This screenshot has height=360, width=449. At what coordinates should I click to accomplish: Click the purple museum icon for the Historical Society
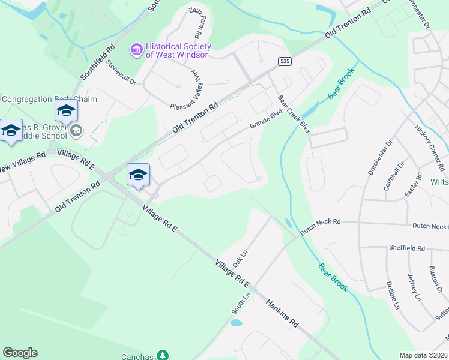pos(137,49)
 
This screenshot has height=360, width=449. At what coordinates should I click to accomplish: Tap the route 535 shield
pos(285,61)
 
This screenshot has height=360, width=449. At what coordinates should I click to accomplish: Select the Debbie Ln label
pos(392,295)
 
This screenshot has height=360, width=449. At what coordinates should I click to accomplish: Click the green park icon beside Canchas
pos(162,356)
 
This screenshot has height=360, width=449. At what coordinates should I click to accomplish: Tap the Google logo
pos(20,353)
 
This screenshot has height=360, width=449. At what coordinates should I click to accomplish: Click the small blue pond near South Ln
pos(236,322)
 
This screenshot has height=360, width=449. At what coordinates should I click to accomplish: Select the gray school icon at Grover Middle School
pos(76,130)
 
